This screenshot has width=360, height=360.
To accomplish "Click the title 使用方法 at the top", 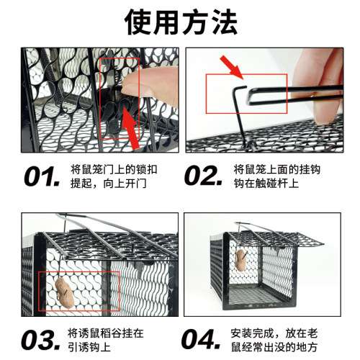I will (x=180, y=23).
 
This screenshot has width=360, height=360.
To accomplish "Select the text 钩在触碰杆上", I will (x=268, y=184).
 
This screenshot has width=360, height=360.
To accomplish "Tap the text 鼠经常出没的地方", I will (x=279, y=348).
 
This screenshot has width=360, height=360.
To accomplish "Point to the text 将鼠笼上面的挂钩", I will (x=279, y=168).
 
